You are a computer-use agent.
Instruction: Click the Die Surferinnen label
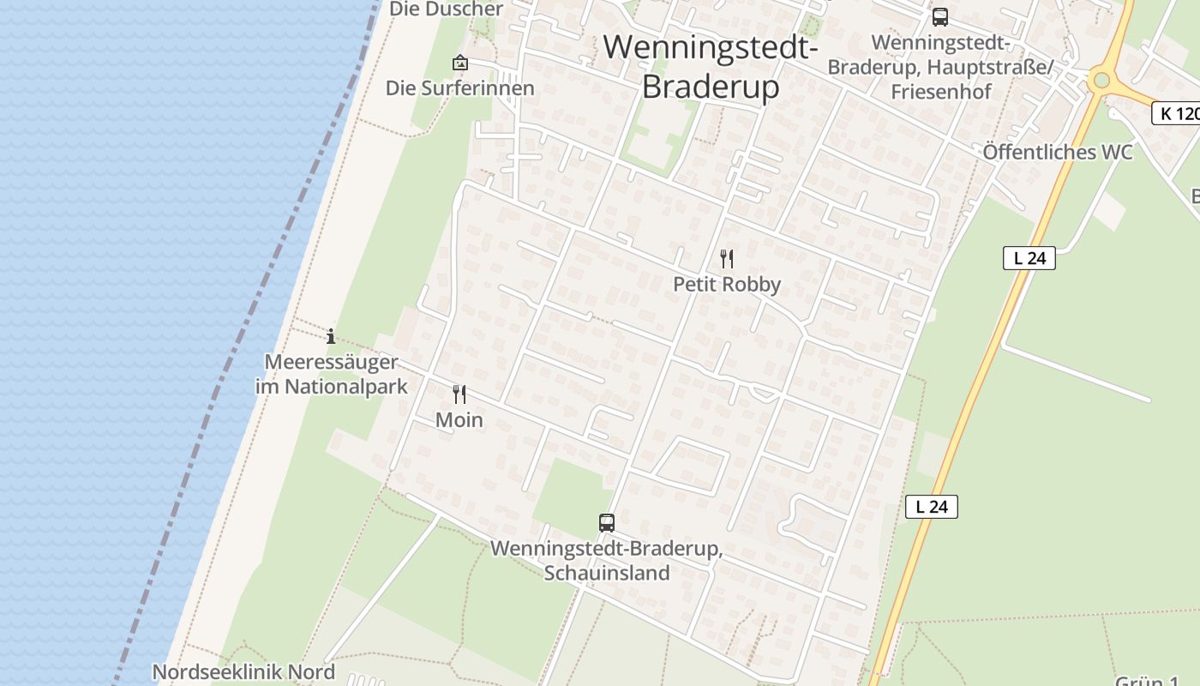tap(459, 88)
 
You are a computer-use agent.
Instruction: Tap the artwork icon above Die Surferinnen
tap(460, 63)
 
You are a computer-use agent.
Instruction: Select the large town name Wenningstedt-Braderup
tap(711, 66)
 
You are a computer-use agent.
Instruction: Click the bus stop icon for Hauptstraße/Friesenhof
tap(940, 17)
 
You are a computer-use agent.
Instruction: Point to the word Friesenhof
tap(940, 92)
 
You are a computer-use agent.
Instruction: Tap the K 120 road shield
tap(1176, 113)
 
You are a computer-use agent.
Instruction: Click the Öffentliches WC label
tap(1057, 153)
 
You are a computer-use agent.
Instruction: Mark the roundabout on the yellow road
tap(1101, 81)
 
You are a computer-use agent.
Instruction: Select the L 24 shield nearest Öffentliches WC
tap(1029, 258)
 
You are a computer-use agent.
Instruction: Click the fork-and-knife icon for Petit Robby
tap(727, 258)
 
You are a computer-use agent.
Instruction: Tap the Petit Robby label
tap(727, 285)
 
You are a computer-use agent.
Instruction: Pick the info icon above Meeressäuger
tap(331, 336)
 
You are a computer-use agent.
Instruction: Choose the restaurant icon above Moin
tap(459, 394)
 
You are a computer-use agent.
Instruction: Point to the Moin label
tap(459, 420)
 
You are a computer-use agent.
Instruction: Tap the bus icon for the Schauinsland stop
tap(607, 522)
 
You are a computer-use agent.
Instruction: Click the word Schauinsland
tap(607, 573)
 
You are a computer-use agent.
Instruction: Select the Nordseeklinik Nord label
tap(243, 671)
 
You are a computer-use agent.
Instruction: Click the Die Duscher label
tap(447, 9)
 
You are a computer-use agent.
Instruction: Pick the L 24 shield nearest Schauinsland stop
tap(931, 507)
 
